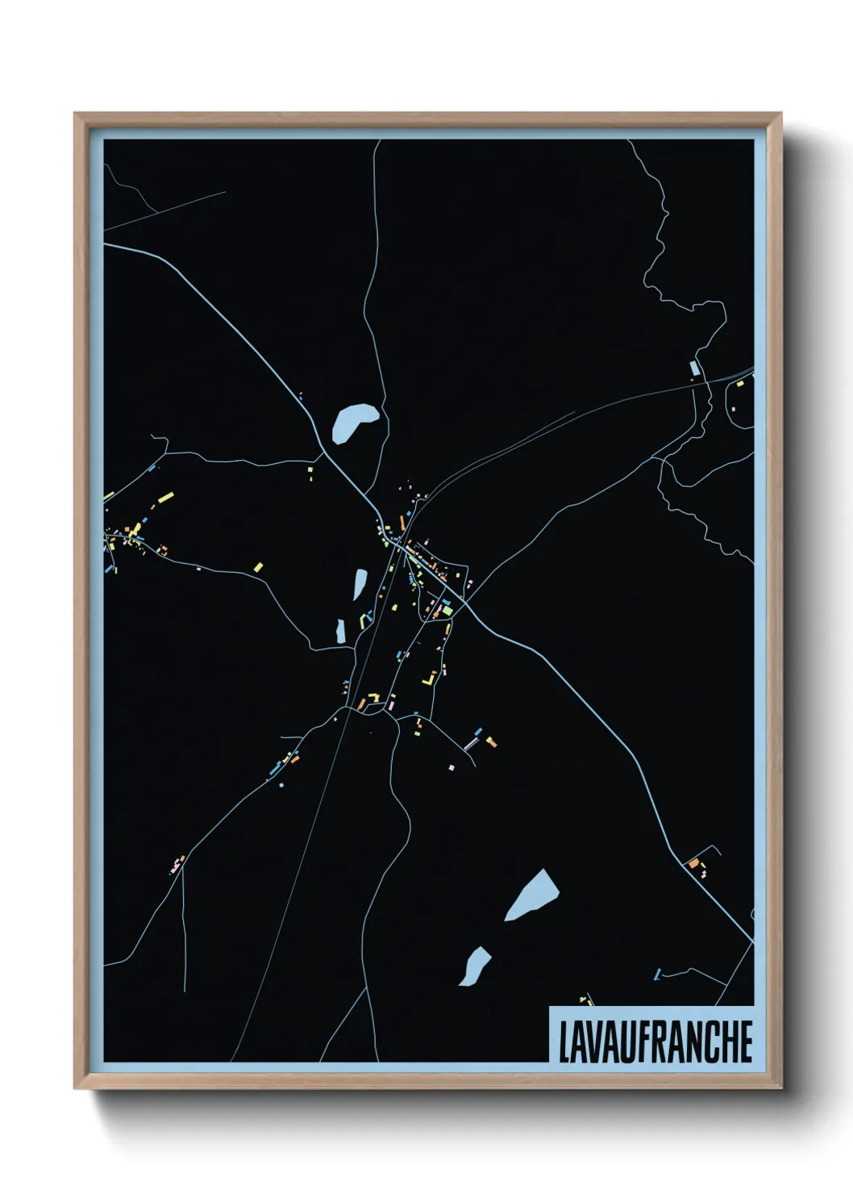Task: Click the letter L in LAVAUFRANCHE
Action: click(564, 1042)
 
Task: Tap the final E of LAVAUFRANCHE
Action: click(745, 1042)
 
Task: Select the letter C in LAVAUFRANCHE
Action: click(710, 1042)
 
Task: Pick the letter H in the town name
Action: click(728, 1042)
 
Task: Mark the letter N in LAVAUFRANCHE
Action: click(694, 1042)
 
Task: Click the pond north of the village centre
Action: click(353, 422)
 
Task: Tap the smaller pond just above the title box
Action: click(475, 965)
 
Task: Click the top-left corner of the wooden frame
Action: click(76, 115)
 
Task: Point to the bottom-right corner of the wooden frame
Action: click(780, 1088)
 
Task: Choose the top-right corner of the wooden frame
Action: click(780, 115)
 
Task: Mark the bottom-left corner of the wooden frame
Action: click(76, 1088)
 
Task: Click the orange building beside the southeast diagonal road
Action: click(693, 863)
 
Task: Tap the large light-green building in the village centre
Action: click(447, 611)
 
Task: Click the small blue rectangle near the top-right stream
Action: click(693, 369)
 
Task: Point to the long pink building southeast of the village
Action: click(471, 743)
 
